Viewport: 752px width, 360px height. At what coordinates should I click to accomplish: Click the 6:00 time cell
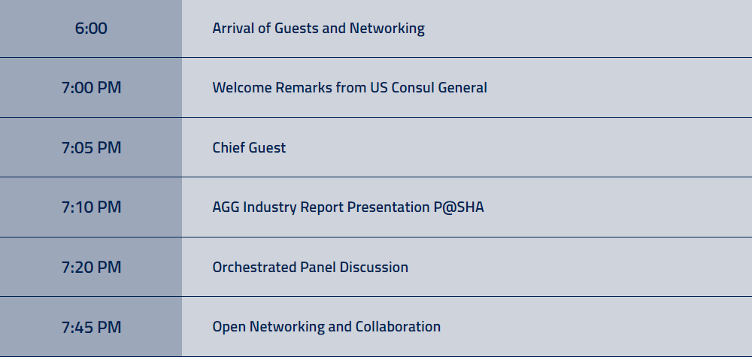(x=91, y=29)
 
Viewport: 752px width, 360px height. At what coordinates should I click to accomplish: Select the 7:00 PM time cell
(x=91, y=88)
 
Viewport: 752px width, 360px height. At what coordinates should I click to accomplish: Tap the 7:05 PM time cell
(x=91, y=147)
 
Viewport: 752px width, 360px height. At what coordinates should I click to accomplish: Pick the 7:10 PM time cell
(x=91, y=207)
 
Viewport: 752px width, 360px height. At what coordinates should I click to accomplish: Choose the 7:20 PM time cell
(x=91, y=267)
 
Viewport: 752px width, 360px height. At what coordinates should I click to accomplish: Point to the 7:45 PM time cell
(x=91, y=327)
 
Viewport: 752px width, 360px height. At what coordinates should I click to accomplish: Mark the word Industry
(x=269, y=207)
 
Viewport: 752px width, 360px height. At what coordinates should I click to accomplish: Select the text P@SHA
(x=457, y=207)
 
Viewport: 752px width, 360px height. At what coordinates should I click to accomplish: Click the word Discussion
(x=374, y=267)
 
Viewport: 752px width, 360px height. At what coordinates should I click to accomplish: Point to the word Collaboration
(x=398, y=327)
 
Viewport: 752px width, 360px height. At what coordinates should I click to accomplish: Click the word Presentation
(x=387, y=207)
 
